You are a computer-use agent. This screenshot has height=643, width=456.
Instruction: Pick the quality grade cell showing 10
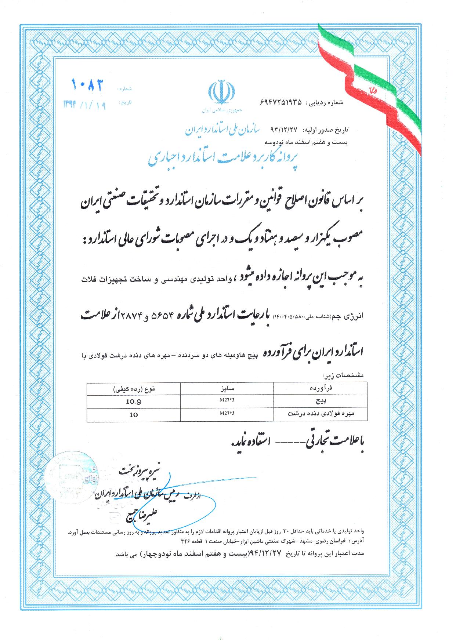click(134, 415)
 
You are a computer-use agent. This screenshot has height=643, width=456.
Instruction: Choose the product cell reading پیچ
click(331, 402)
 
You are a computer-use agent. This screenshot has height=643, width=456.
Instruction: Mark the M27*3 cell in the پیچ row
click(227, 400)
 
